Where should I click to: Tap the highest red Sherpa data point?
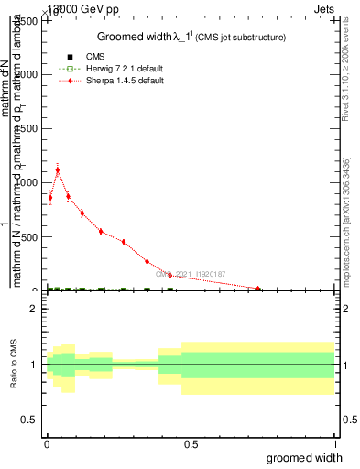(x=58, y=169)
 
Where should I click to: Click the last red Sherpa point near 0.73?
(x=258, y=289)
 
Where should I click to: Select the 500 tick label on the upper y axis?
(x=30, y=236)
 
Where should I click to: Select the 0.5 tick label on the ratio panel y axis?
(x=30, y=419)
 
